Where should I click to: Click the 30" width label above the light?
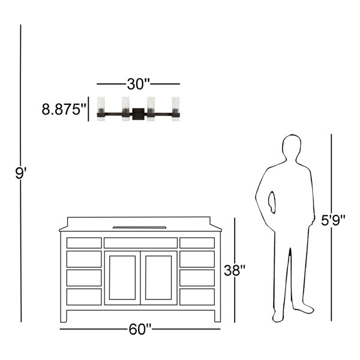pos(138,84)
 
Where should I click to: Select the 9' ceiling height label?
pos(21,173)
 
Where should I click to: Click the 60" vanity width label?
pos(140,329)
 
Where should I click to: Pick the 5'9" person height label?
pos(333,220)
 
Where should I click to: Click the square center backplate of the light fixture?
pos(138,114)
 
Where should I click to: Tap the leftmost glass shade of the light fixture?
pos(101,109)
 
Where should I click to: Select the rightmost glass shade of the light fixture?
pos(176,109)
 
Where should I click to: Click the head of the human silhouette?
pos(292,147)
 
